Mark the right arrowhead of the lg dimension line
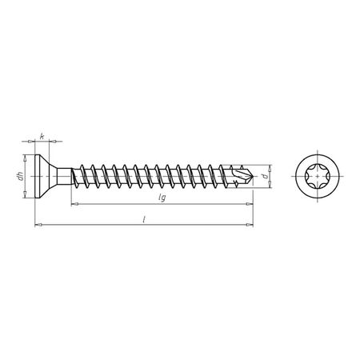click(x=252, y=206)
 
